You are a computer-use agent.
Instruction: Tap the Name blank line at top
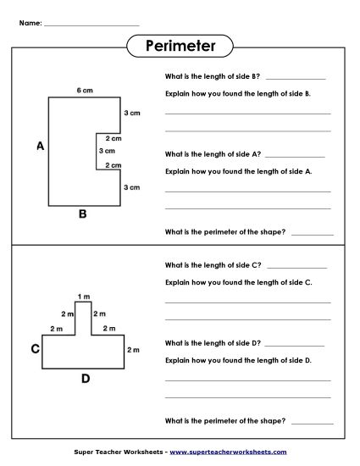tap(91, 24)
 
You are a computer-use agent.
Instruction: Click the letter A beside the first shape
tap(40, 147)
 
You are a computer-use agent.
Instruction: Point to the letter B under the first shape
tap(82, 214)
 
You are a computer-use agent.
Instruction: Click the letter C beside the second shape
tap(36, 348)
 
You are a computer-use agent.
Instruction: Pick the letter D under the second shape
tap(85, 379)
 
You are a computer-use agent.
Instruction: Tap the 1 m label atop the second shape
tap(83, 296)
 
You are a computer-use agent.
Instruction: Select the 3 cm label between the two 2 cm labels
tap(107, 151)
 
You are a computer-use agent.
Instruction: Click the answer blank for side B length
tap(295, 79)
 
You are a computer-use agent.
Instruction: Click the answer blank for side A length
tap(295, 157)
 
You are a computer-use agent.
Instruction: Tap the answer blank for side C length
tap(296, 267)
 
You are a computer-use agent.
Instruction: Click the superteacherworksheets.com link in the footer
tap(227, 453)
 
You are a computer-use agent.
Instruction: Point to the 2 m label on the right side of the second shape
tap(132, 349)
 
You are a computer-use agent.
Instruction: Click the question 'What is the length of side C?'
tap(213, 265)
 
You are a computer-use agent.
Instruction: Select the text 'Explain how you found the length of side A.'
tap(238, 171)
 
